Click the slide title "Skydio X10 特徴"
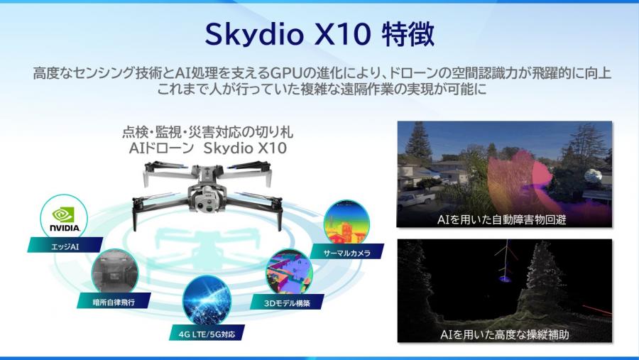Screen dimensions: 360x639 (319, 34)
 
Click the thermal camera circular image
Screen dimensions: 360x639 (347, 222)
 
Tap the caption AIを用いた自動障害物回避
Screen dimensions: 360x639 (505, 220)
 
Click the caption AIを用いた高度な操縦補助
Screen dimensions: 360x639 (505, 333)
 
